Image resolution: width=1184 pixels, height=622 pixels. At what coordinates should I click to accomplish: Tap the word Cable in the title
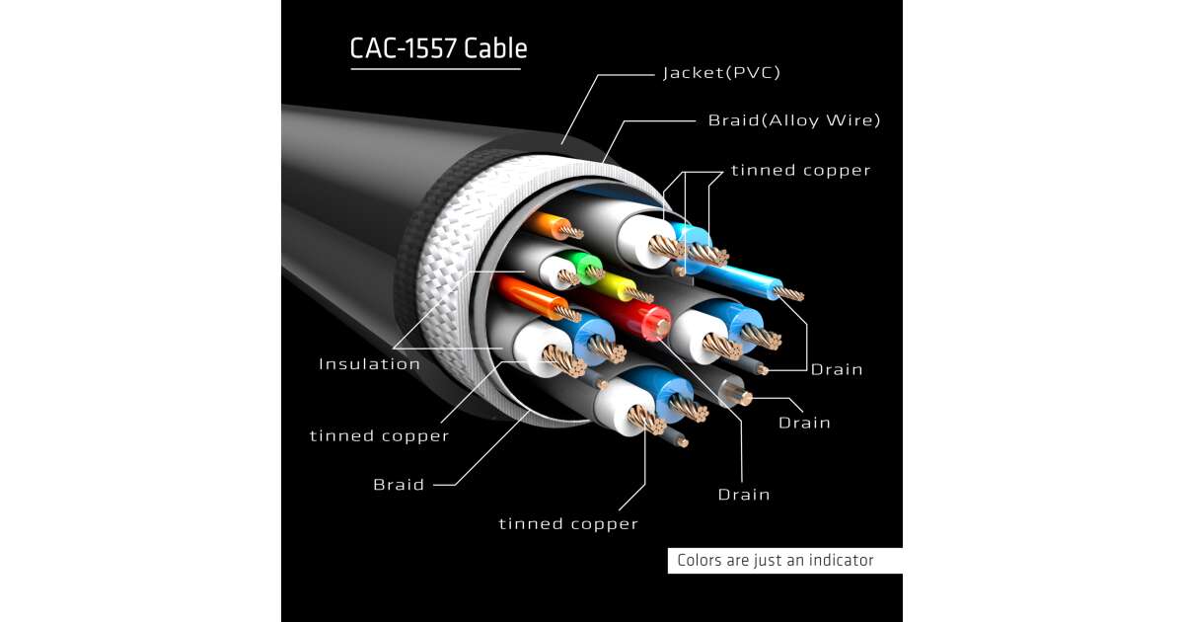click(x=495, y=48)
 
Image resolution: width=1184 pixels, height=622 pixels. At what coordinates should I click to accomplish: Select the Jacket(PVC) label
click(x=721, y=73)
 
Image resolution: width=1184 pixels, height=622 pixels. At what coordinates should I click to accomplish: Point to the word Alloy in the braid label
click(x=789, y=120)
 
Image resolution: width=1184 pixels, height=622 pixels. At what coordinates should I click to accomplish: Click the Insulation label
click(x=369, y=364)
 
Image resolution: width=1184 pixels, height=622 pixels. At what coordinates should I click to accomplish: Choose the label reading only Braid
click(x=399, y=485)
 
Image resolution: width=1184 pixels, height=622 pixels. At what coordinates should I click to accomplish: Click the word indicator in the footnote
click(x=841, y=561)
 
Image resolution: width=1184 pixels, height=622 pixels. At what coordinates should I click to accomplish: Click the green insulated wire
click(x=584, y=265)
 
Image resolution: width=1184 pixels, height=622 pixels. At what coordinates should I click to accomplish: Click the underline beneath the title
click(x=435, y=69)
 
